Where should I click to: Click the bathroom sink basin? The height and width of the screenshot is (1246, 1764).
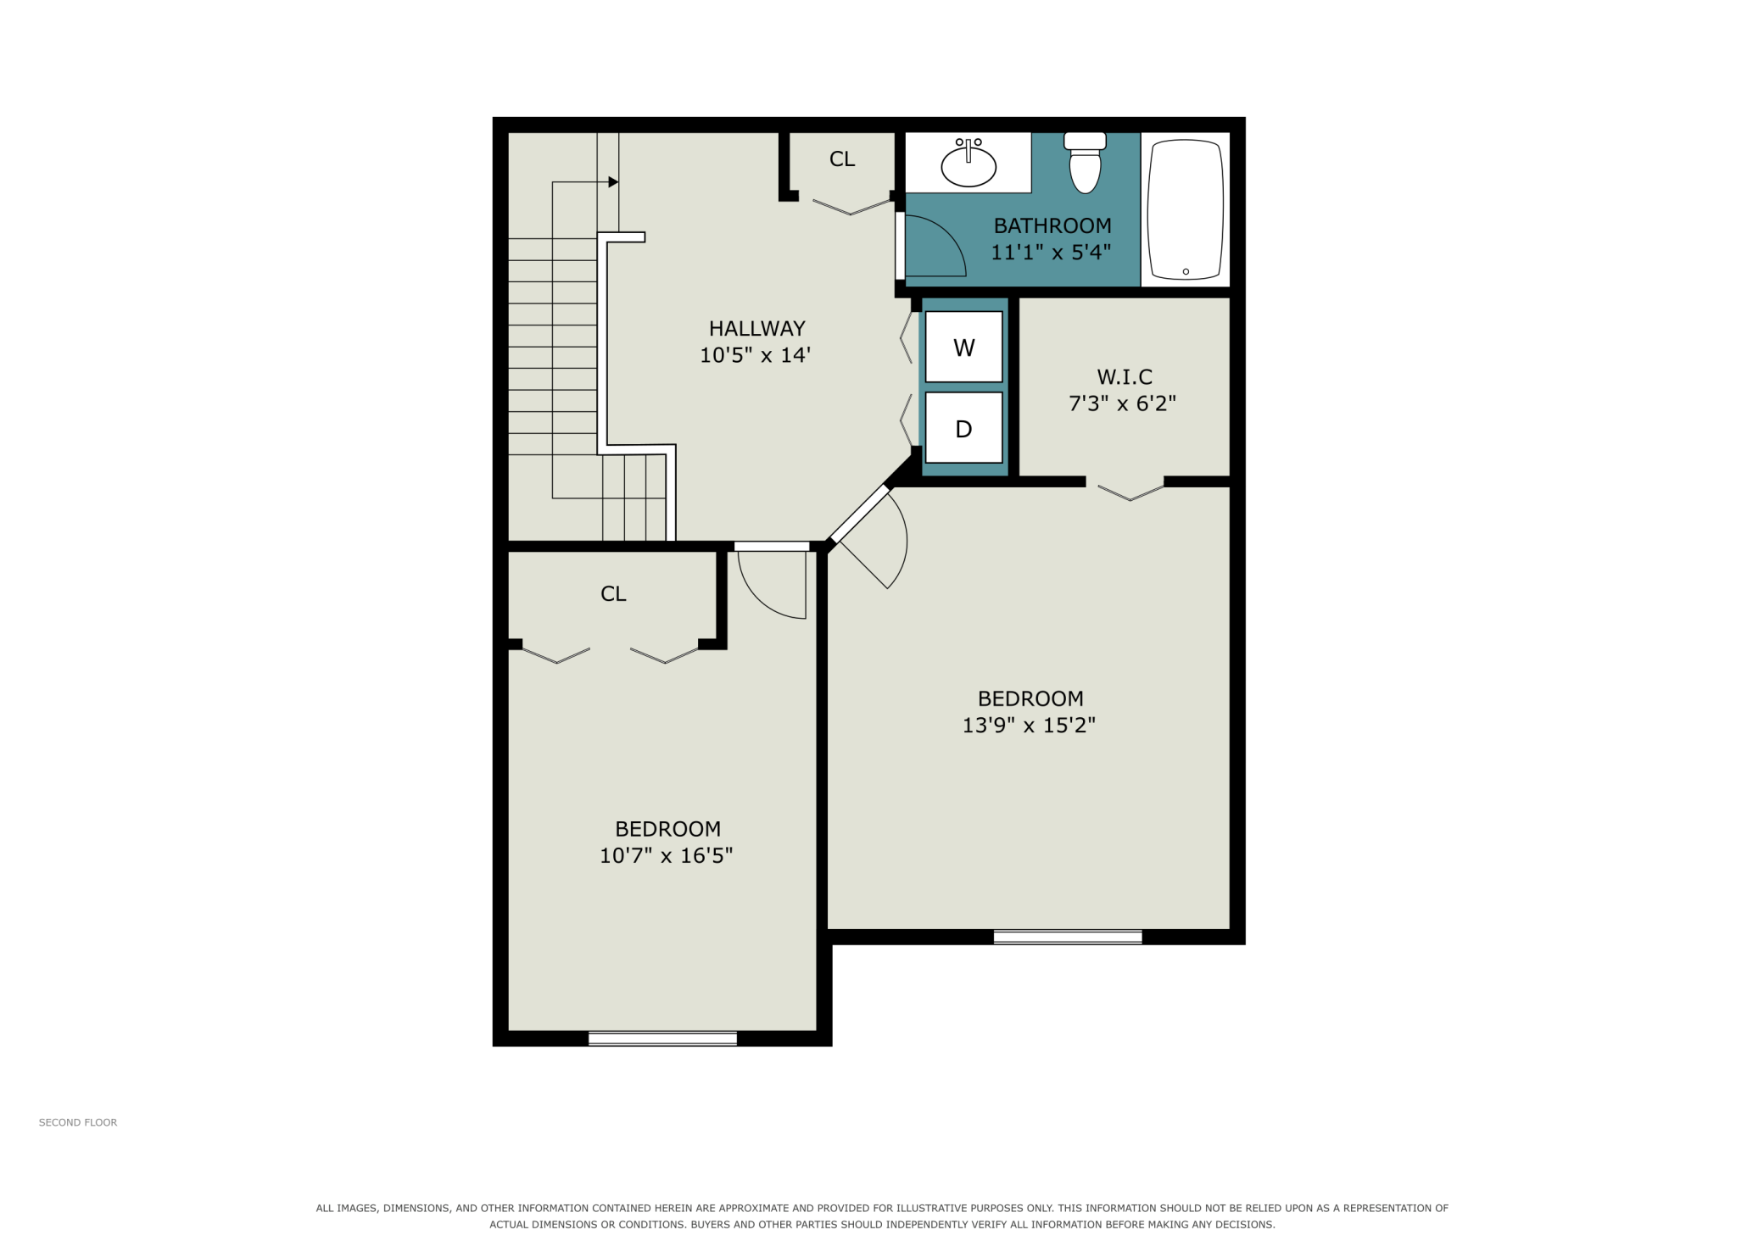click(969, 166)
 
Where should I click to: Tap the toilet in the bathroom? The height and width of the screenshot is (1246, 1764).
click(1085, 163)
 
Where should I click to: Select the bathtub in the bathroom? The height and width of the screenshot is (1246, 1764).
click(1186, 209)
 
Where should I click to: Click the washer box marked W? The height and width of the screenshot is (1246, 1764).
click(963, 347)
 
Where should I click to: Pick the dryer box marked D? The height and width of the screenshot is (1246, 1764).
click(963, 428)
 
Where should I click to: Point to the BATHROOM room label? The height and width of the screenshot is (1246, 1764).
click(1052, 225)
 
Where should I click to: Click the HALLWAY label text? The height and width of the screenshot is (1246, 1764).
click(757, 328)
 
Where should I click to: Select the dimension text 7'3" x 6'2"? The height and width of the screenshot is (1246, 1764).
click(1123, 403)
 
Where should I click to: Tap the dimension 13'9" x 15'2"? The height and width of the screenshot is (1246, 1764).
click(1029, 726)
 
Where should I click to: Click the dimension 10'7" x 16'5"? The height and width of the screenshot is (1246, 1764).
click(667, 856)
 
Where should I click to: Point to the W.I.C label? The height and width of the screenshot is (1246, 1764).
click(1125, 376)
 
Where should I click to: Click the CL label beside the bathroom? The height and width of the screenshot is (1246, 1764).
click(842, 159)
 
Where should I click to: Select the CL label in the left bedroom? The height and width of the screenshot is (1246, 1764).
click(613, 594)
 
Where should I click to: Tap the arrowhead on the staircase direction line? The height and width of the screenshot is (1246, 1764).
click(613, 182)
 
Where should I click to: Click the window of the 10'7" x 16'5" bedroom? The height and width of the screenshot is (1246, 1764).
click(662, 1038)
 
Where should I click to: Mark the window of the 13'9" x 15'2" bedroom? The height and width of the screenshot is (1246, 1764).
click(1068, 937)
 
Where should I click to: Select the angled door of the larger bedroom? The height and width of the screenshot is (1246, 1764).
click(858, 514)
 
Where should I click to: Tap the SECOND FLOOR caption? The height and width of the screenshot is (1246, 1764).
click(78, 1122)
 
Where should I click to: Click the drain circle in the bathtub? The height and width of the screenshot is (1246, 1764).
click(1186, 272)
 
